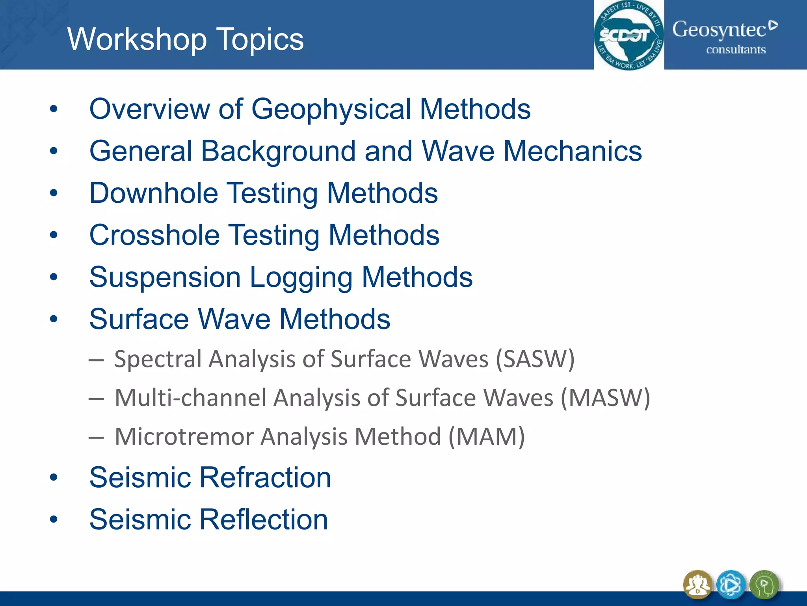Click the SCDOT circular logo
[x=628, y=36]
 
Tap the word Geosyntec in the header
[x=719, y=30]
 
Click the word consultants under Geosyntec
[x=736, y=50]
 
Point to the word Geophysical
[x=331, y=109]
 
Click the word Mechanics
[x=573, y=151]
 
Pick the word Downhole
[x=154, y=193]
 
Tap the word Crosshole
[x=154, y=235]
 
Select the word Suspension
[x=165, y=277]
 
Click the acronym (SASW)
[x=535, y=359]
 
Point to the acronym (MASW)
[x=605, y=398]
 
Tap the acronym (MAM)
[x=487, y=437]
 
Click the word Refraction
[x=265, y=477]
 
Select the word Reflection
[x=264, y=519]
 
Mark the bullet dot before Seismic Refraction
[x=54, y=478]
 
